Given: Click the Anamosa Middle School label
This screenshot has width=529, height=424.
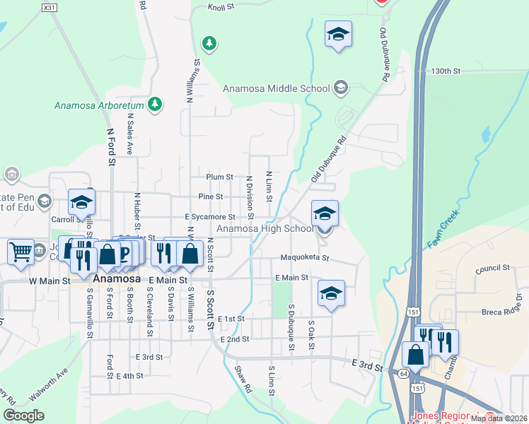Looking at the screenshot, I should (x=276, y=89).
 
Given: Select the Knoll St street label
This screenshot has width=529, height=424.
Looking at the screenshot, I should (x=225, y=8).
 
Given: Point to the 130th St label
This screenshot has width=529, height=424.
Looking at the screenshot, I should (x=446, y=71).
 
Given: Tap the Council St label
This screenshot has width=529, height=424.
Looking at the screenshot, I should (x=493, y=269).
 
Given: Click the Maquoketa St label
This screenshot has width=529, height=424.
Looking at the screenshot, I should (x=304, y=258).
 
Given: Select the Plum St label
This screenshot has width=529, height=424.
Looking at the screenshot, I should (x=219, y=177).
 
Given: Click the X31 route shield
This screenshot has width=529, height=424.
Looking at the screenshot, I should (x=48, y=7).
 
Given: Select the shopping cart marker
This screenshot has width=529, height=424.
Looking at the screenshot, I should (x=21, y=251).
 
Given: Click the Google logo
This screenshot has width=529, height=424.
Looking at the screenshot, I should (x=23, y=416).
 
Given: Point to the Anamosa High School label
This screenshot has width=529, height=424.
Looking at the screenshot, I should (x=264, y=229).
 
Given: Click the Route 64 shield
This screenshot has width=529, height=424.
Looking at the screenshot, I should (x=401, y=372).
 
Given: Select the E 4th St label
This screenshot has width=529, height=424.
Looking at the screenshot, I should (x=129, y=376).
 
